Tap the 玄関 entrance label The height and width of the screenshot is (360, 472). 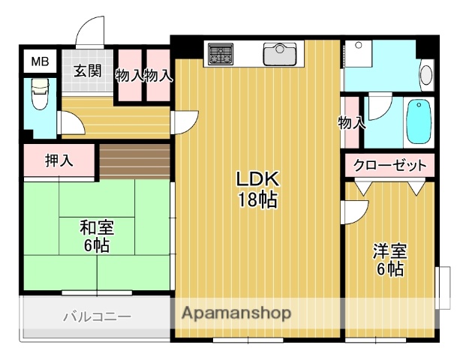[x=87, y=71]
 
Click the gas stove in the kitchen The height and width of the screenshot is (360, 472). [x=221, y=54]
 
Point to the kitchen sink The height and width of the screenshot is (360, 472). [x=281, y=54]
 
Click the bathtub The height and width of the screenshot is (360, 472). [x=419, y=122]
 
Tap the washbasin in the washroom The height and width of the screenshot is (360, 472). [x=425, y=75]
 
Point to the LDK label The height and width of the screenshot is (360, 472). [x=257, y=179]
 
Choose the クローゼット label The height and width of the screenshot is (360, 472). [x=389, y=165]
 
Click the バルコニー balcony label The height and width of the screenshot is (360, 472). [x=97, y=316]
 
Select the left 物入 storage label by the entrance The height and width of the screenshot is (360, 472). [x=130, y=75]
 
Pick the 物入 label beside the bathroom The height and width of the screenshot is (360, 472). [x=351, y=122]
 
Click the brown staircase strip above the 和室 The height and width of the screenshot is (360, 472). [x=135, y=160]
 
